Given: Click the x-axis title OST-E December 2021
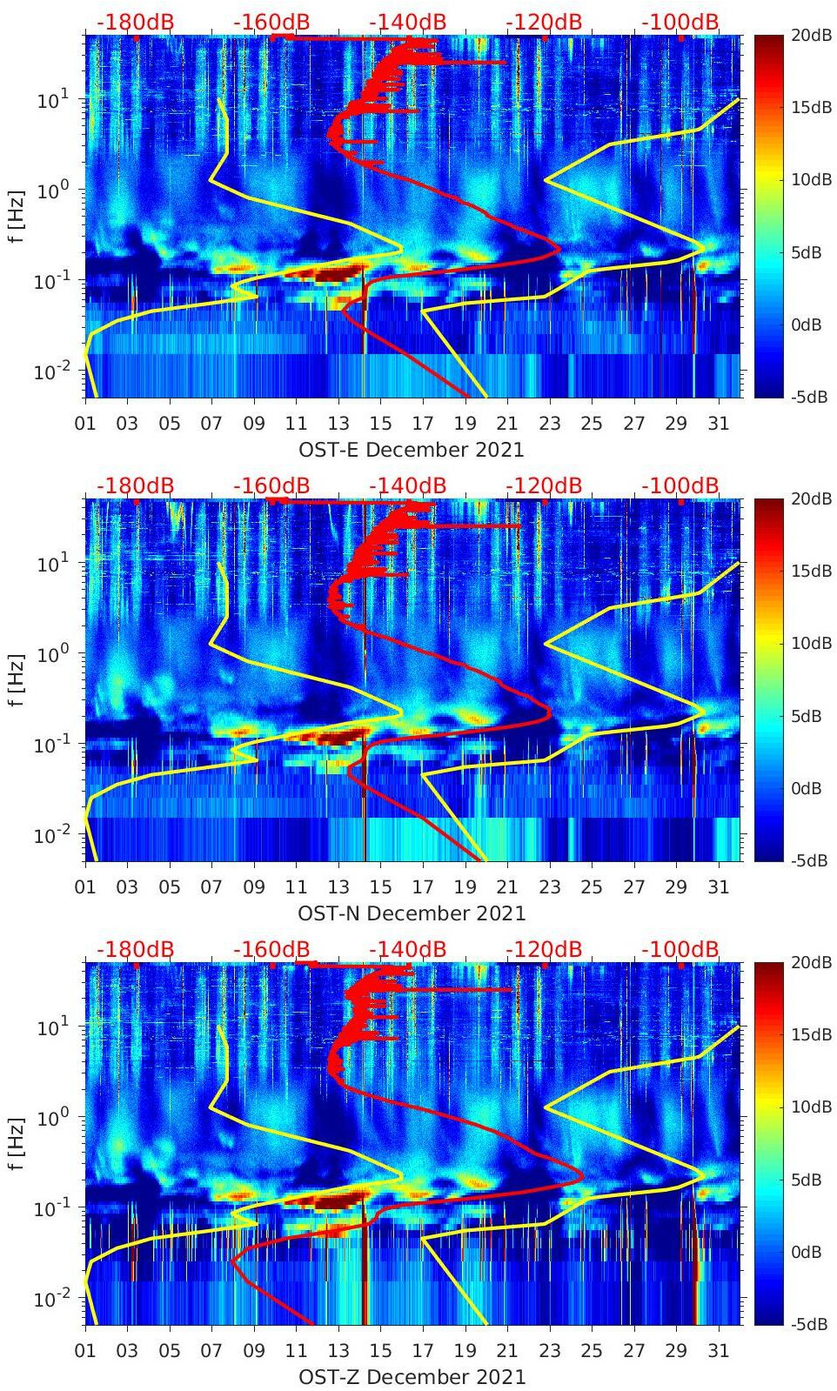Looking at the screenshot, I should click(412, 450).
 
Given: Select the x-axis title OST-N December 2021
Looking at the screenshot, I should click(412, 913).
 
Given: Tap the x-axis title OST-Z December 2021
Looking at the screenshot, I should click(412, 1377).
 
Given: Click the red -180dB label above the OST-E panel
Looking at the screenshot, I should click(135, 22).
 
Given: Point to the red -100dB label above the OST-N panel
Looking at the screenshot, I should click(680, 485).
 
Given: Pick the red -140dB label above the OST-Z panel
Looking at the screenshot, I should click(407, 949).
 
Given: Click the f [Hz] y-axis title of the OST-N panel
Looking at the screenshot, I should click(17, 680).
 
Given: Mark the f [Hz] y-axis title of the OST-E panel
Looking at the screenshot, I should click(17, 217).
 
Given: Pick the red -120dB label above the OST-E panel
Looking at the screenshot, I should click(544, 22).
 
